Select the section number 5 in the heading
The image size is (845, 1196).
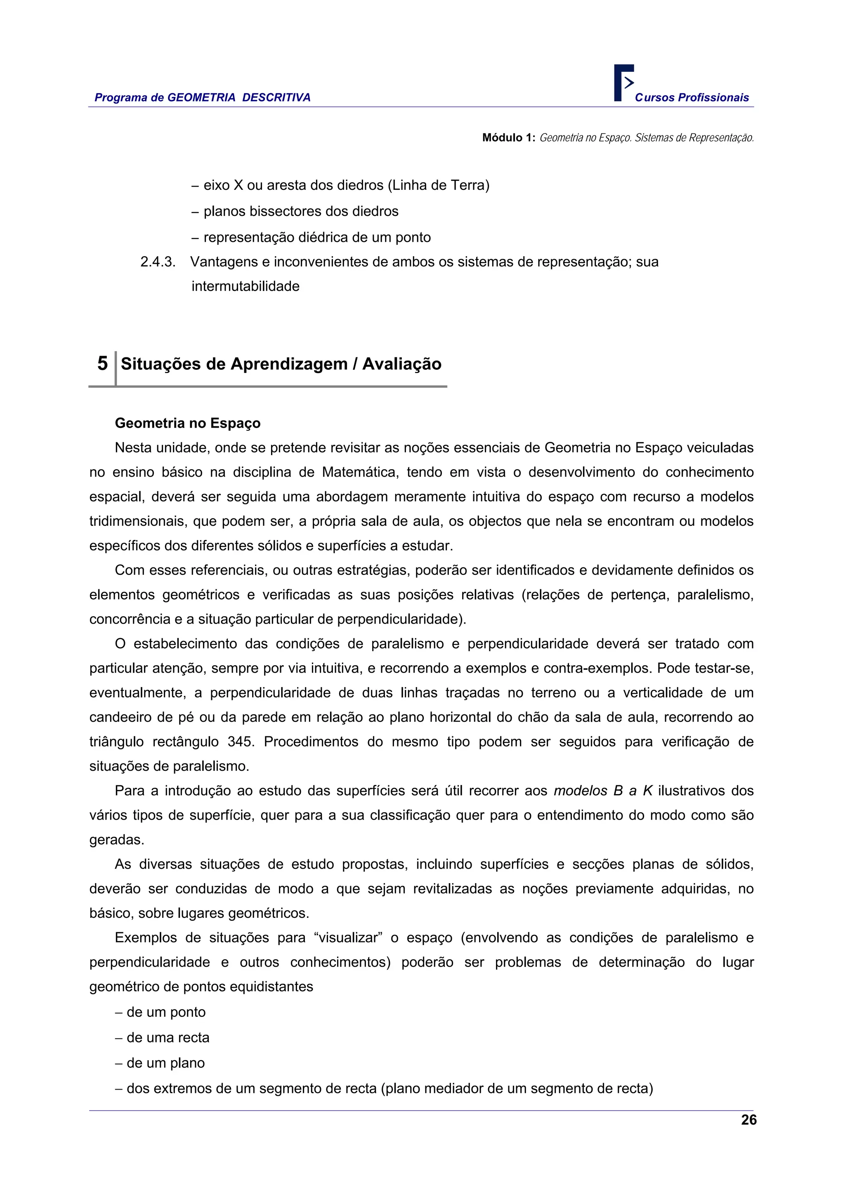click(103, 363)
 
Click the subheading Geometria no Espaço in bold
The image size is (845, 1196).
click(187, 423)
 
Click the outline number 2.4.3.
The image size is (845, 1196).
click(158, 262)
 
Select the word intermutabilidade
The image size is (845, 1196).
click(245, 286)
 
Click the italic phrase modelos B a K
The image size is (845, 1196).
click(603, 791)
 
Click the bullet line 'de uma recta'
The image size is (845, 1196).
click(163, 1037)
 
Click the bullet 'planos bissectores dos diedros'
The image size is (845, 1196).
click(295, 211)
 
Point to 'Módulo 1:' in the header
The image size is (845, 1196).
click(508, 137)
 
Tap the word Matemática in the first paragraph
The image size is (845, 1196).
click(360, 472)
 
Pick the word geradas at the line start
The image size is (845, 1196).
click(117, 840)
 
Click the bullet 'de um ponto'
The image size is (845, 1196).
click(161, 1012)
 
